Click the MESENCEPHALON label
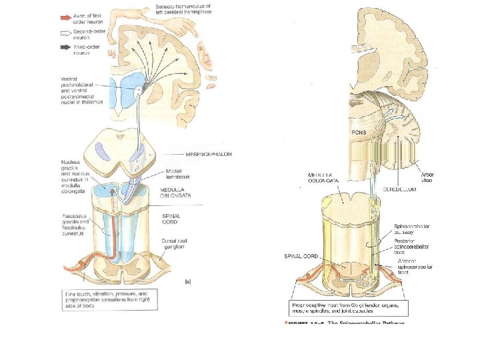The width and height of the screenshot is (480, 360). point(182,155)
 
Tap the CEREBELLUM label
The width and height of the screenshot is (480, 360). point(400,189)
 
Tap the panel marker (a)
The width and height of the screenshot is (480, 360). point(187,282)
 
